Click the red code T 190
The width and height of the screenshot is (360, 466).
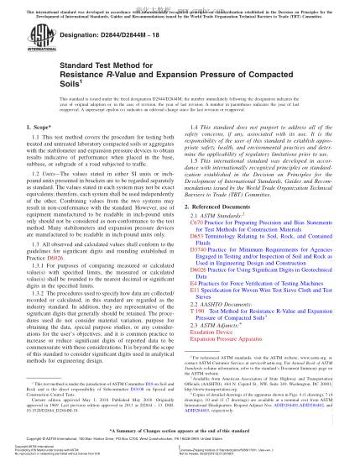pyautogui.click(x=196, y=320)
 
